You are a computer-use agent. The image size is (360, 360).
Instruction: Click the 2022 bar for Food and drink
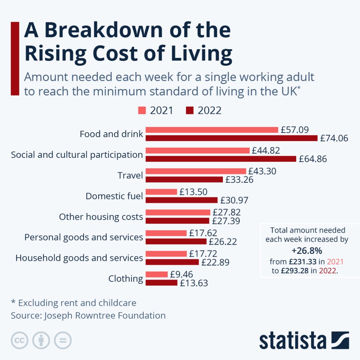[x=231, y=138]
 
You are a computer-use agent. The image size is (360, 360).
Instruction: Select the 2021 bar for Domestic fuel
[x=161, y=192]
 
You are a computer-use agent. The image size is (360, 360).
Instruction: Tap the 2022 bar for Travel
[x=184, y=179]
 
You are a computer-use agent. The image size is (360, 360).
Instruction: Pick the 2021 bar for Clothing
[x=157, y=274]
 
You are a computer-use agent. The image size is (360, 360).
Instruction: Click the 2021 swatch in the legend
[x=142, y=110]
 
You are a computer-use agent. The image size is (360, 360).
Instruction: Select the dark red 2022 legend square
[x=189, y=110]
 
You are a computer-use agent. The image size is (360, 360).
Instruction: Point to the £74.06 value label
[x=334, y=138]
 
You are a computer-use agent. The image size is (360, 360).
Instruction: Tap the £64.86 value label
[x=313, y=159]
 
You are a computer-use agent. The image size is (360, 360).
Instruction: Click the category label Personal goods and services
[x=84, y=237]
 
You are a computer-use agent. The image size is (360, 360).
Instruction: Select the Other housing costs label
[x=101, y=217]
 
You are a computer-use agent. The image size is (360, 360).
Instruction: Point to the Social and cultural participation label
[x=77, y=155]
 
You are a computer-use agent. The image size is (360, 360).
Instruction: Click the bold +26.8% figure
[x=307, y=251]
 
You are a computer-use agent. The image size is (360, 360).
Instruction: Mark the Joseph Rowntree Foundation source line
[x=88, y=315]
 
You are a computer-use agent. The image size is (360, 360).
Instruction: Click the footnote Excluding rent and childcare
[x=73, y=303]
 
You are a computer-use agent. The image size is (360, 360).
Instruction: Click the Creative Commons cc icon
[x=20, y=340]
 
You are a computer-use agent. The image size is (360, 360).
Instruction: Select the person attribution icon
[x=41, y=340]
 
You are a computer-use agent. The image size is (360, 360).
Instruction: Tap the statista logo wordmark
[x=292, y=341]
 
